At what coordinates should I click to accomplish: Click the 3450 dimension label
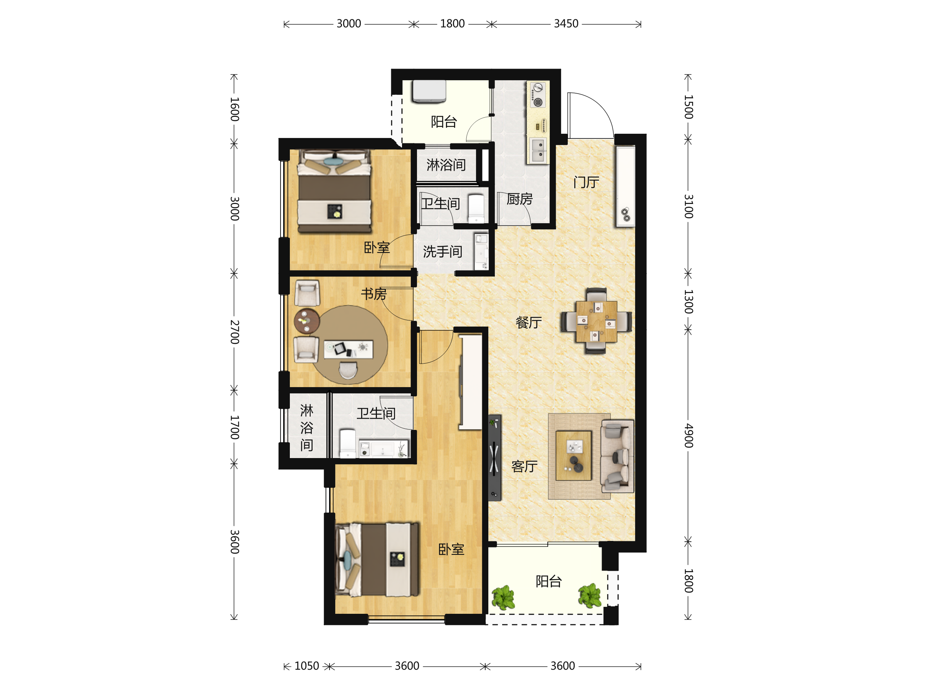click(566, 24)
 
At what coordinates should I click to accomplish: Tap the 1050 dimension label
click(306, 666)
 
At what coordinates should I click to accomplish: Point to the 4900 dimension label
click(688, 435)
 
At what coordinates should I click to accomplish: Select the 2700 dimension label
click(235, 332)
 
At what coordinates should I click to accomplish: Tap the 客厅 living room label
click(525, 467)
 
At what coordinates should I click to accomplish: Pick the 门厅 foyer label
click(586, 182)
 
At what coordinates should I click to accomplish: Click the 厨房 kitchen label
click(520, 199)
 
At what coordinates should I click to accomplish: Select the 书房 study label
click(374, 294)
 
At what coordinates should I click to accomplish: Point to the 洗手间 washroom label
click(442, 252)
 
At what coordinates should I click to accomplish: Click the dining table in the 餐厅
click(596, 321)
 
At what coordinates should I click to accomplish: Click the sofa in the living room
click(617, 456)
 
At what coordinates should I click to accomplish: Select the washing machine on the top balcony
click(429, 91)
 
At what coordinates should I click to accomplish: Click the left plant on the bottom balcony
click(503, 597)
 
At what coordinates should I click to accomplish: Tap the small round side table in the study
click(306, 321)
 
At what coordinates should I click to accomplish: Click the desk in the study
click(348, 349)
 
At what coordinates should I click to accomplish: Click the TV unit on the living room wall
click(495, 458)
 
